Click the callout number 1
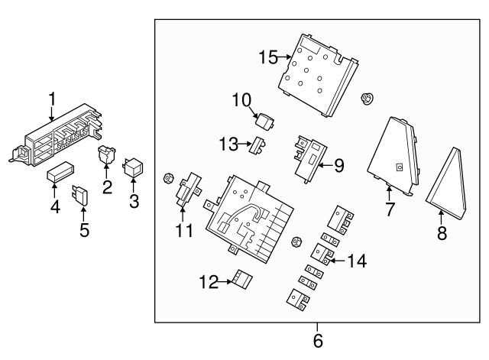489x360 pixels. tap(52, 99)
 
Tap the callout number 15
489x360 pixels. tap(269, 57)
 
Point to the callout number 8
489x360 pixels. tap(442, 233)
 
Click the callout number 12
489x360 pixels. tap(209, 283)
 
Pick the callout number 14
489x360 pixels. tap(356, 261)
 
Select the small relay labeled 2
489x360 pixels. tap(106, 156)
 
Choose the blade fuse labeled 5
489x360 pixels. tap(80, 196)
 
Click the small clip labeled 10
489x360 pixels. tap(265, 122)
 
